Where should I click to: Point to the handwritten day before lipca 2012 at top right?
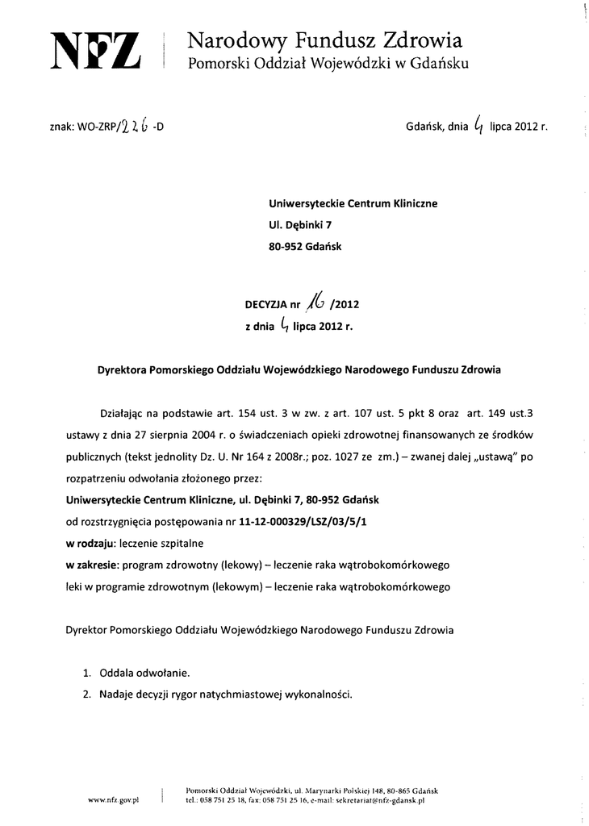click(x=480, y=124)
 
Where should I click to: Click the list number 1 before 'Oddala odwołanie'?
click(x=86, y=672)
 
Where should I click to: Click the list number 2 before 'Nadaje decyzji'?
click(x=86, y=694)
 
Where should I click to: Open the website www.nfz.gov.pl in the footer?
click(x=114, y=799)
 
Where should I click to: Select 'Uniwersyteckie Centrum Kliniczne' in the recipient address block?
click(x=353, y=204)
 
